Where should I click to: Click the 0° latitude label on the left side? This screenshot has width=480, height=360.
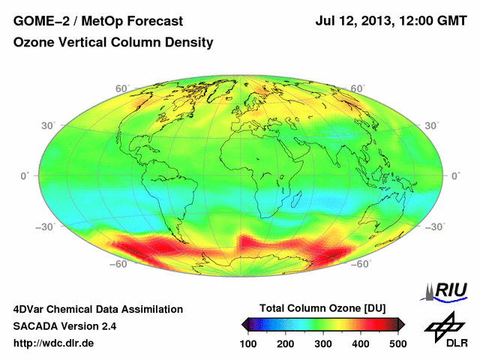[25, 175]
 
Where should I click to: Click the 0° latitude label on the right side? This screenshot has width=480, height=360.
[454, 175]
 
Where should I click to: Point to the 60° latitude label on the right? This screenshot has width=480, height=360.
[358, 88]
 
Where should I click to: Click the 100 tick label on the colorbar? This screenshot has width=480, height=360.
[249, 343]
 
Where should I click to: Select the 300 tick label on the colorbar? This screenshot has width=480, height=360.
[323, 343]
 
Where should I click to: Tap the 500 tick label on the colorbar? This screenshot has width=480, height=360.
[397, 343]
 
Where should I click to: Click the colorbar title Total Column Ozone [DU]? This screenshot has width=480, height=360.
[323, 308]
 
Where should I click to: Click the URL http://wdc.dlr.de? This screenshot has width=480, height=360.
[54, 343]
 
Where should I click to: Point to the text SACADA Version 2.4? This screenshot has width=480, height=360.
[64, 326]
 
